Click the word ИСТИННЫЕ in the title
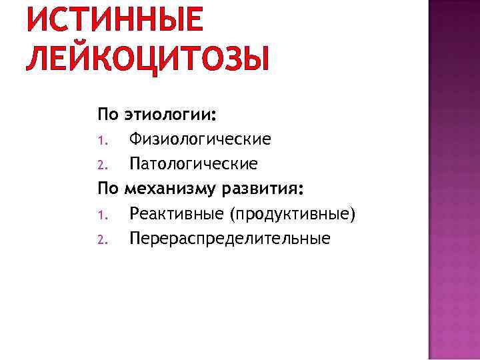(x=113, y=20)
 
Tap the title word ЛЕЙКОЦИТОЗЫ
(x=147, y=58)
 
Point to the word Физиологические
(x=200, y=139)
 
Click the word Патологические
(x=193, y=164)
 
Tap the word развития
(x=265, y=189)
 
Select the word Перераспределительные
(x=229, y=238)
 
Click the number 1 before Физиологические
(x=101, y=141)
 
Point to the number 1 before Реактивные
(x=101, y=215)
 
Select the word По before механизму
(x=108, y=189)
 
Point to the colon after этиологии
(x=214, y=118)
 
